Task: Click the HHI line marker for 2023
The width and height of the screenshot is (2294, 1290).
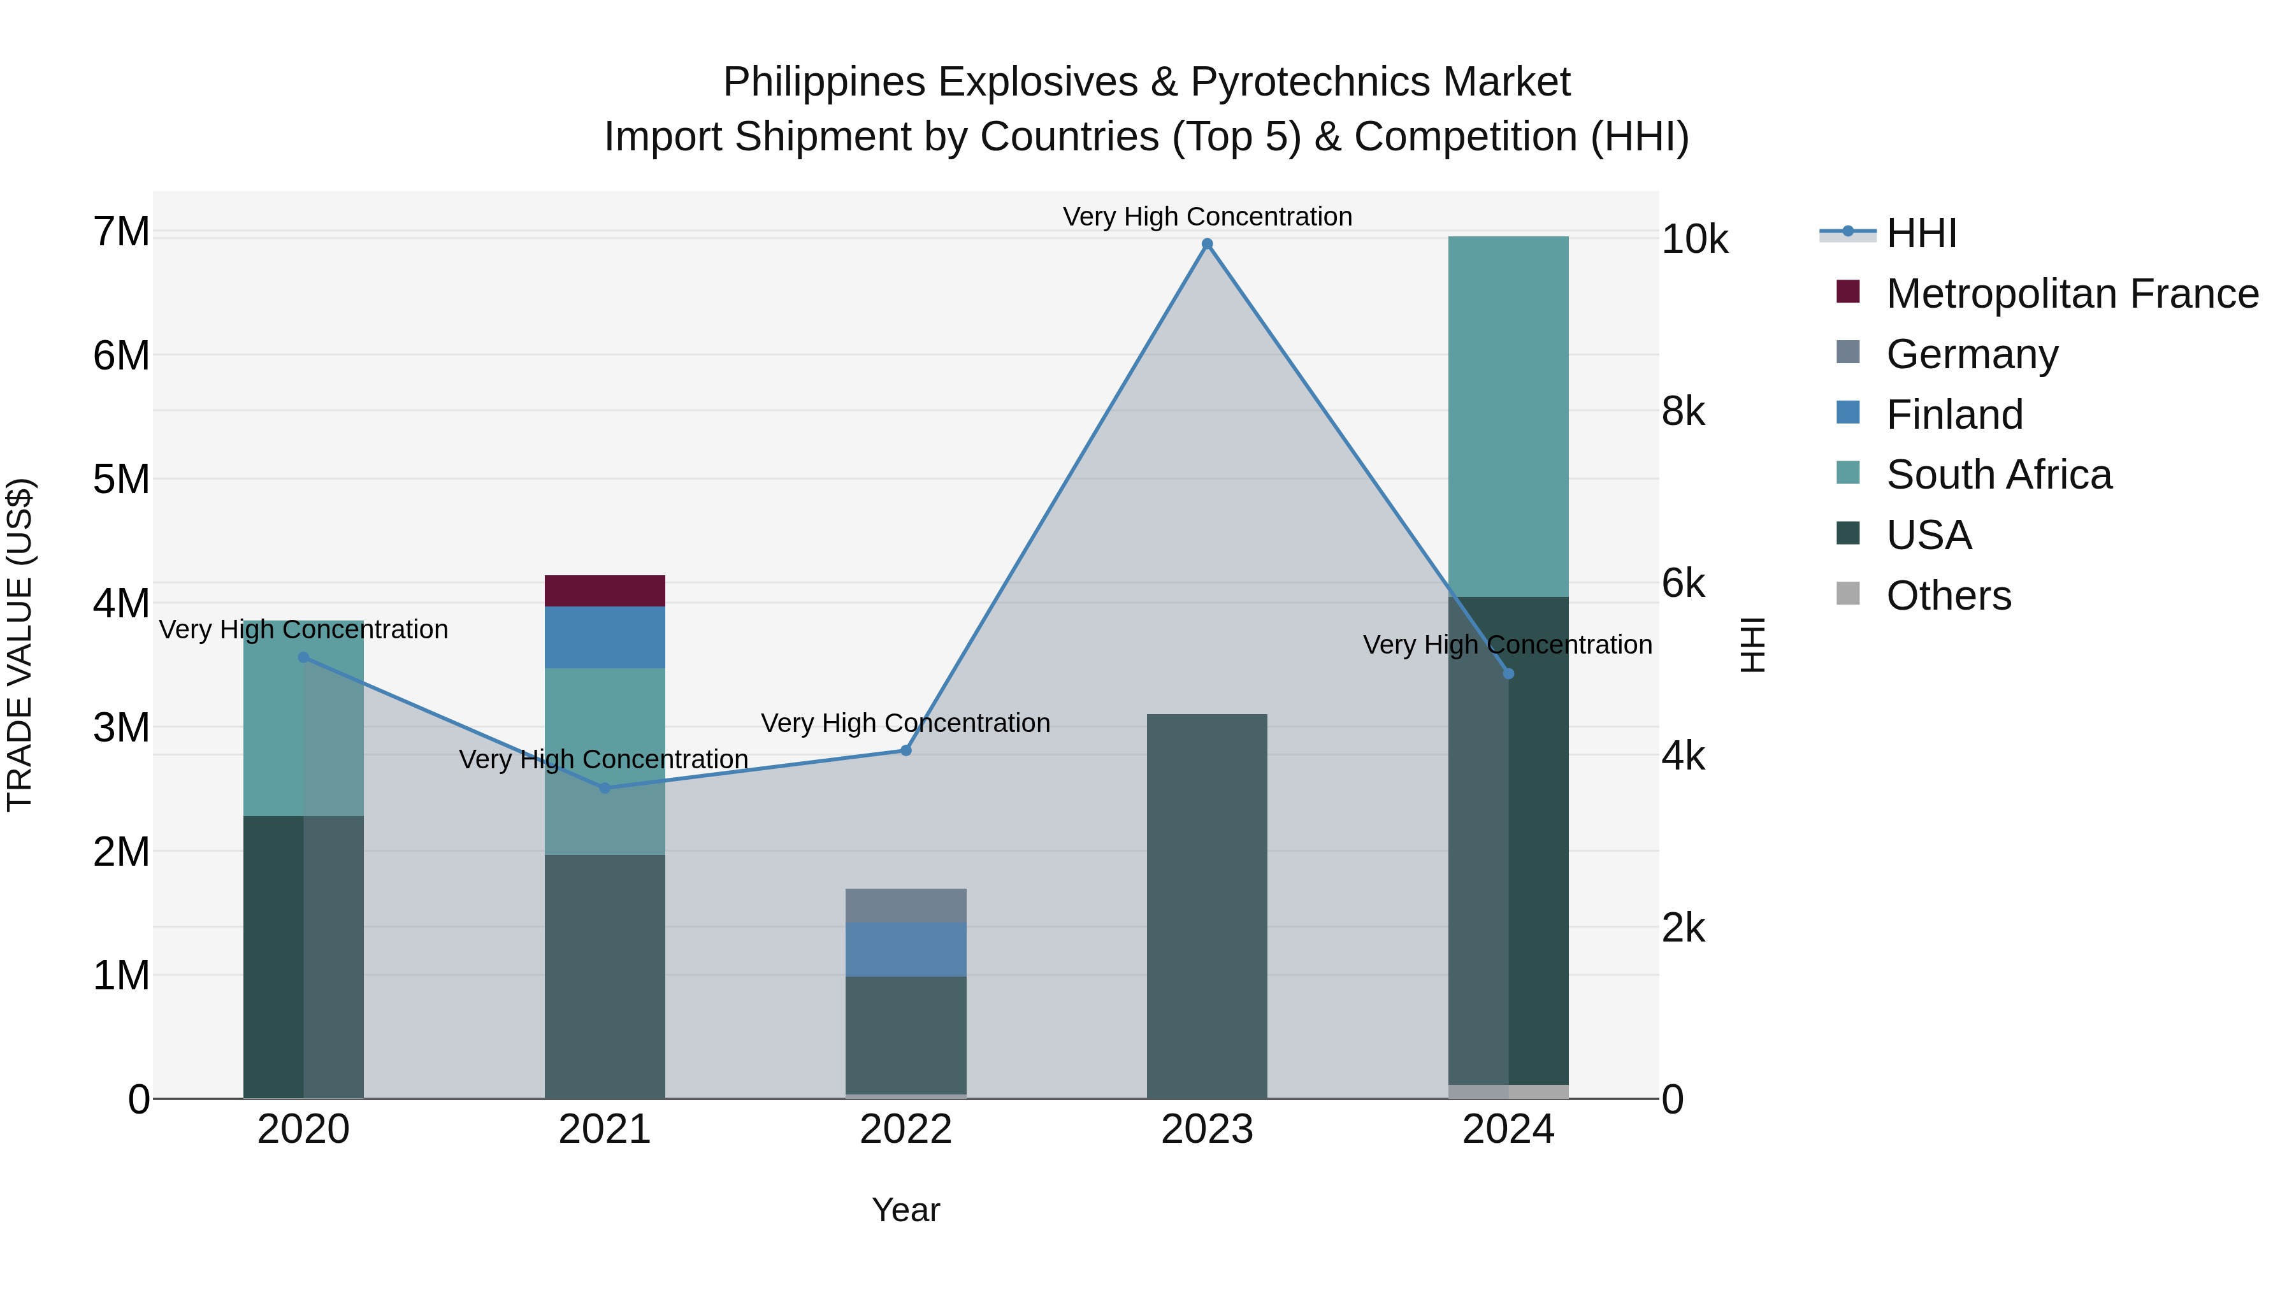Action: click(1207, 244)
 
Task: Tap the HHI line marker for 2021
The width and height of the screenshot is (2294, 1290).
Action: click(605, 788)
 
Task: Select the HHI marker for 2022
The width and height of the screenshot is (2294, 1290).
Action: click(905, 750)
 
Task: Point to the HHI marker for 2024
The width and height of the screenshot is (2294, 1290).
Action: click(1508, 674)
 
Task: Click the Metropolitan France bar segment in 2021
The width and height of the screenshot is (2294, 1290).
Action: click(605, 591)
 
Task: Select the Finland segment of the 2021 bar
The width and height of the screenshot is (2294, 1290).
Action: click(605, 636)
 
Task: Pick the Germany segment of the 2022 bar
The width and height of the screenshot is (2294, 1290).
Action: click(905, 905)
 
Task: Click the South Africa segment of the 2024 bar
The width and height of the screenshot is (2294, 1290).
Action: click(1508, 416)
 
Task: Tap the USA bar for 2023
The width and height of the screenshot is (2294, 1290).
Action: click(1207, 905)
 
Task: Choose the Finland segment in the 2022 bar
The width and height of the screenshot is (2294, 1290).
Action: click(905, 949)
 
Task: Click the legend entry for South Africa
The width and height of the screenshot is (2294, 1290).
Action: click(1998, 475)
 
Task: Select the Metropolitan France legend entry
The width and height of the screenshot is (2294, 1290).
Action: click(2072, 294)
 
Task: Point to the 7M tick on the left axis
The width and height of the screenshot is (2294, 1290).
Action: click(122, 231)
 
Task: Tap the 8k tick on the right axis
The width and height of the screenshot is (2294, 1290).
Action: click(1682, 412)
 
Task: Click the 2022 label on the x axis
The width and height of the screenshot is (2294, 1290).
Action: click(905, 1129)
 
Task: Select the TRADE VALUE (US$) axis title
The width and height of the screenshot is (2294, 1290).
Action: click(20, 645)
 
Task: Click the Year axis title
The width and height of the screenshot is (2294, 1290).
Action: click(905, 1210)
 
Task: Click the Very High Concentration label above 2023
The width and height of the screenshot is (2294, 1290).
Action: click(1207, 217)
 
